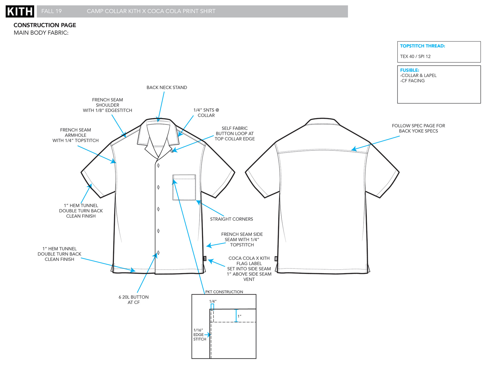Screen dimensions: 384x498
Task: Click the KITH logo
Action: [x=20, y=11]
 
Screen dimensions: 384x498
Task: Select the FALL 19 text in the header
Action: [x=51, y=11]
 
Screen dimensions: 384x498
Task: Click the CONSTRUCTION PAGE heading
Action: [x=45, y=25]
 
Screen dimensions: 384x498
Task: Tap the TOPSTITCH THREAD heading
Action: [x=422, y=46]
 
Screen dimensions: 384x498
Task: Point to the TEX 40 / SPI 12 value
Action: [x=415, y=56]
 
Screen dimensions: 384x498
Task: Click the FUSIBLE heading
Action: [x=409, y=70]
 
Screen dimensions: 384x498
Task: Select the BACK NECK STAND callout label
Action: [x=167, y=88]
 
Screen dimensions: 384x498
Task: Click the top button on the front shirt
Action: [x=158, y=165]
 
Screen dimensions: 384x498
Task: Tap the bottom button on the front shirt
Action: [x=158, y=253]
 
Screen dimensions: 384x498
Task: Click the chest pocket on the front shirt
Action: [x=184, y=187]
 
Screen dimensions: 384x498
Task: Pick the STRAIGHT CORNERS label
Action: [x=231, y=219]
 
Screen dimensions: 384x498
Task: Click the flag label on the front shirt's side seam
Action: [x=205, y=258]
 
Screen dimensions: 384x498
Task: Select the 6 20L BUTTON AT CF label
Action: [x=134, y=300]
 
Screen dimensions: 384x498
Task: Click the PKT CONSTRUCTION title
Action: [x=224, y=292]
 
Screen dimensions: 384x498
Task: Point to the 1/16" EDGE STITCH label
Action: [x=199, y=335]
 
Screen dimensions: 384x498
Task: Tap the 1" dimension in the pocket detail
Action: [x=239, y=316]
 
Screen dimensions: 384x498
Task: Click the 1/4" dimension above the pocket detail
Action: [x=213, y=301]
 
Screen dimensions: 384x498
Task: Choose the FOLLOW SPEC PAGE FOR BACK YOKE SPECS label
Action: [x=418, y=128]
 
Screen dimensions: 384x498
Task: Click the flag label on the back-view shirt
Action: [x=276, y=258]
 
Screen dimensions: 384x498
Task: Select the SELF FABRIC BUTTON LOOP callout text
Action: [x=234, y=134]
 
